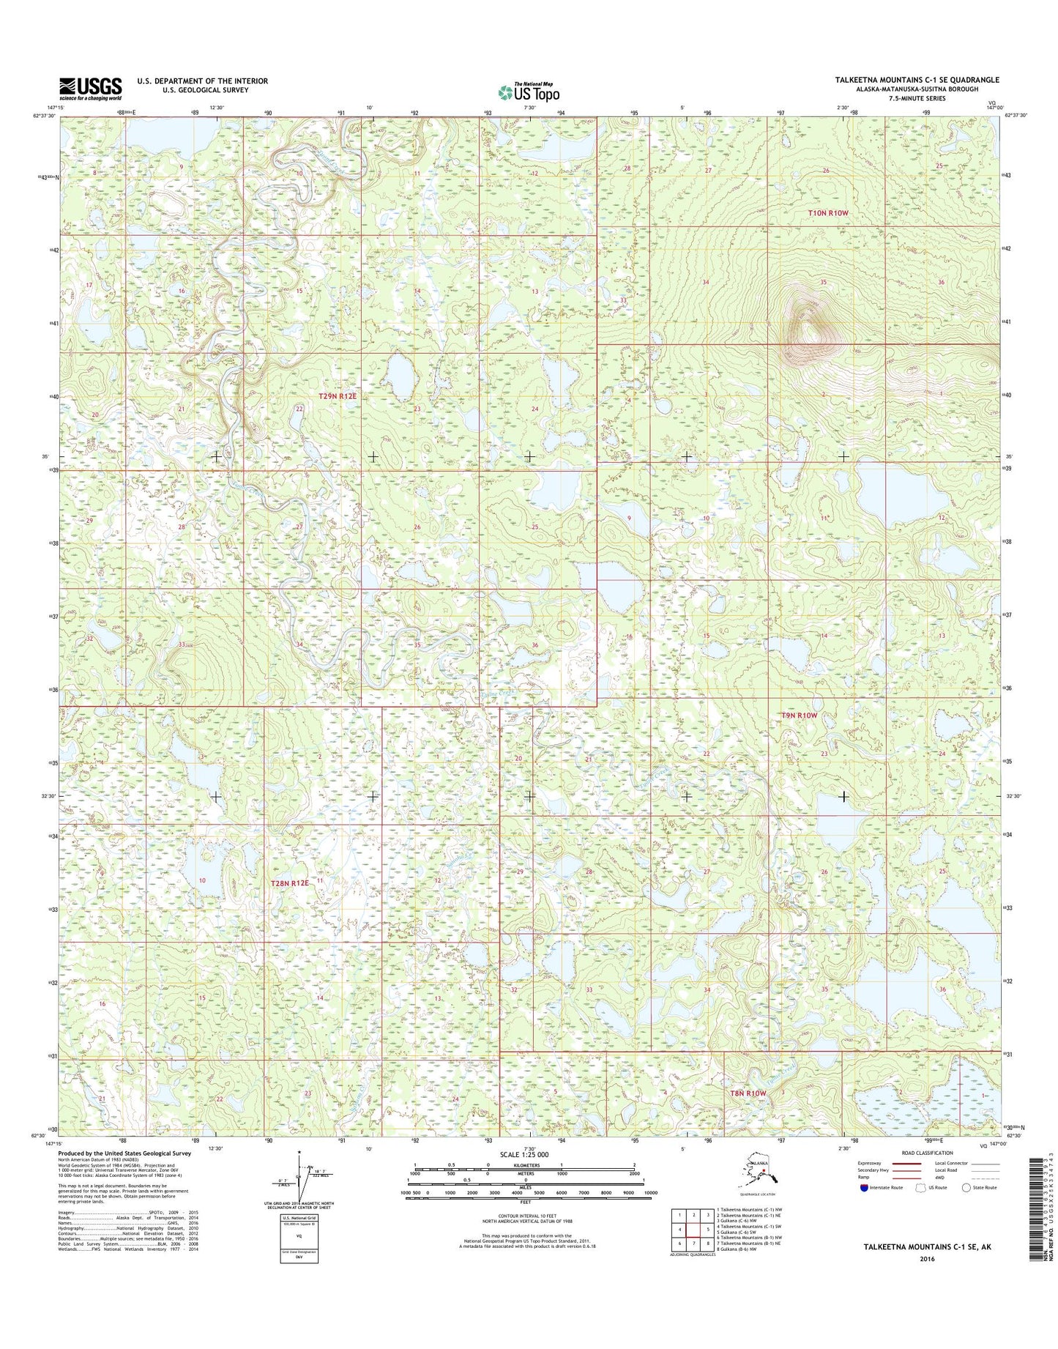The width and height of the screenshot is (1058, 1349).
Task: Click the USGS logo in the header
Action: (90, 89)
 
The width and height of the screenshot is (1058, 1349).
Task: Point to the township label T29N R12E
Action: (338, 396)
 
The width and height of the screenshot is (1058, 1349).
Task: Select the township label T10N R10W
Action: (827, 213)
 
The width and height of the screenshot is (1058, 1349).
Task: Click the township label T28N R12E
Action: (290, 884)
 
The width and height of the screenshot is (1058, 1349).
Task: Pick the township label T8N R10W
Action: (748, 1093)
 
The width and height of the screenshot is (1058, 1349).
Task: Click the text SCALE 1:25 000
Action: (524, 1155)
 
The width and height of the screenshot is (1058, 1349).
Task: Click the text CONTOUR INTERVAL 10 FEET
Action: (524, 1219)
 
